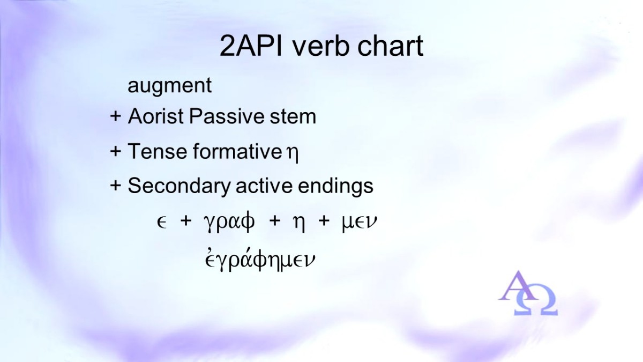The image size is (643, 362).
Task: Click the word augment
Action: (x=170, y=86)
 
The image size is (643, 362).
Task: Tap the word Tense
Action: (x=157, y=151)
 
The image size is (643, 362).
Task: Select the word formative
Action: (x=238, y=151)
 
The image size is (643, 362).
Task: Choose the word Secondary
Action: (x=179, y=186)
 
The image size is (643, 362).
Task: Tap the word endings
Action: (x=335, y=186)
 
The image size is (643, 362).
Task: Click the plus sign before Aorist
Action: (x=115, y=117)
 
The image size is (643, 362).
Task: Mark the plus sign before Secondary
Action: (x=115, y=186)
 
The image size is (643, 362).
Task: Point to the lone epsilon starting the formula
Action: (x=162, y=223)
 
